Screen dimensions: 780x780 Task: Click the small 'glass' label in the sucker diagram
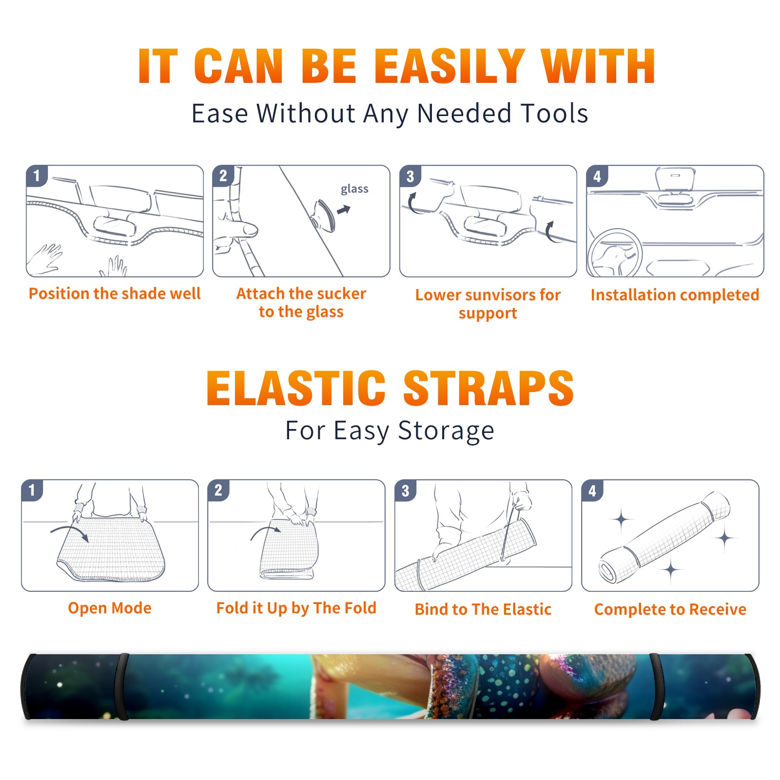[x=354, y=189]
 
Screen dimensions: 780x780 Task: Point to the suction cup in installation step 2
[x=324, y=215]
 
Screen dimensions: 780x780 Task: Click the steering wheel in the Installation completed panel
[x=614, y=253]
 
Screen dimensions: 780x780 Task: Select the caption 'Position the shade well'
[x=115, y=293]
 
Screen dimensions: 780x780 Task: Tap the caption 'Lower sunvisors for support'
[x=488, y=304]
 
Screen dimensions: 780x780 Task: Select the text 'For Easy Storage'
[x=390, y=431]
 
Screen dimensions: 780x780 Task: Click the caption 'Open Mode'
[x=110, y=608]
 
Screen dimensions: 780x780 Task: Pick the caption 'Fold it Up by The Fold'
[x=296, y=608]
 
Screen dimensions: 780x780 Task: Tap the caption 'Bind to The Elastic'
[x=483, y=609]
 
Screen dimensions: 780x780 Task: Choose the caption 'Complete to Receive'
[x=670, y=609]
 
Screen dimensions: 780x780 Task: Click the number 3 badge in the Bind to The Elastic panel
[x=406, y=490]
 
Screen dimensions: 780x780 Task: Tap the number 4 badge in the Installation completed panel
[x=597, y=176]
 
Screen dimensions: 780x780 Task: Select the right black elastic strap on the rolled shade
[x=656, y=686]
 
